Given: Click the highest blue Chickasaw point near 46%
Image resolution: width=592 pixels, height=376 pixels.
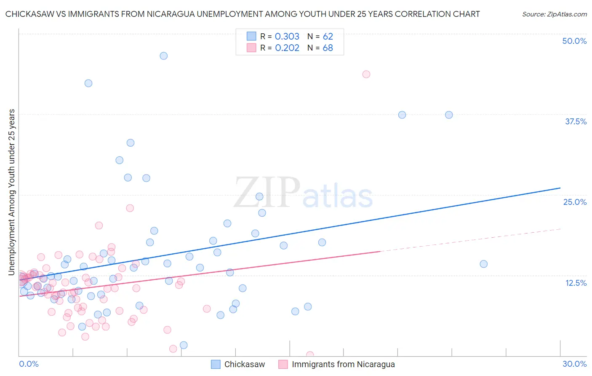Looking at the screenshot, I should coord(164,56).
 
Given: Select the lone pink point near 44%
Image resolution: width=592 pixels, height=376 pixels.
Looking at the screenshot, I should coord(366,74).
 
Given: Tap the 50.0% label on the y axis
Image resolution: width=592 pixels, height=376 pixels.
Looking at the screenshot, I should coord(574,41).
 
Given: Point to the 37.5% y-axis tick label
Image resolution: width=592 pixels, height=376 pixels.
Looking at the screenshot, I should coord(576,121).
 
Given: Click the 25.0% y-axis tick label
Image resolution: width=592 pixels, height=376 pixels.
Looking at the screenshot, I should coord(575,202).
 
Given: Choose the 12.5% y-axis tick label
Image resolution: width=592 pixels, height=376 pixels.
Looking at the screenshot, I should coord(576,282).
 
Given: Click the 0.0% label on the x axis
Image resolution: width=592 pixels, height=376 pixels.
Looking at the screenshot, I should coord(29,364).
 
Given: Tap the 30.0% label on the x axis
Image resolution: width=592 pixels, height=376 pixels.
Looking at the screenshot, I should coord(574,364).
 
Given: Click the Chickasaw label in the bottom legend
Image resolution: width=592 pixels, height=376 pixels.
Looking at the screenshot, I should coord(244,364).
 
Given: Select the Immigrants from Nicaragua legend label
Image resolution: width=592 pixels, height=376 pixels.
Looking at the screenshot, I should coord(343,364).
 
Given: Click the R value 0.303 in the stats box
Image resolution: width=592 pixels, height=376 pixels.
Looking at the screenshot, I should coord(287,36).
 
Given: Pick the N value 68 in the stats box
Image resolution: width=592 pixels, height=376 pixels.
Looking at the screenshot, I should coord(328,48).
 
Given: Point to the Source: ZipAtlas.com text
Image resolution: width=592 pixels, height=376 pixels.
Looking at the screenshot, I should coord(554,14).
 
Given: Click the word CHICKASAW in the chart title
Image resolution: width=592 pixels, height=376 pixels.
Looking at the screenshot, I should coord(31,14).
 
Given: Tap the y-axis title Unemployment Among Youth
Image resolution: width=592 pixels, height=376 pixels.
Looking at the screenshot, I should coord(12,192).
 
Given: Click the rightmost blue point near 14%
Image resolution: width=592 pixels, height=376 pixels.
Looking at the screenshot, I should coord(484,264).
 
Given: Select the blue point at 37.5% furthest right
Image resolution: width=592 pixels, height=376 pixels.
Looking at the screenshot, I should coord(449,115).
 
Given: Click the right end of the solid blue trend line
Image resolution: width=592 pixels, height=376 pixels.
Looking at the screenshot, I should coord(560,188).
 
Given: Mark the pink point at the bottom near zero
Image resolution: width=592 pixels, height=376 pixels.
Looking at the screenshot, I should coord(310,355).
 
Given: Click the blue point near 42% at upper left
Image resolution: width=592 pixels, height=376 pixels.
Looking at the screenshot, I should coord(88,83).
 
